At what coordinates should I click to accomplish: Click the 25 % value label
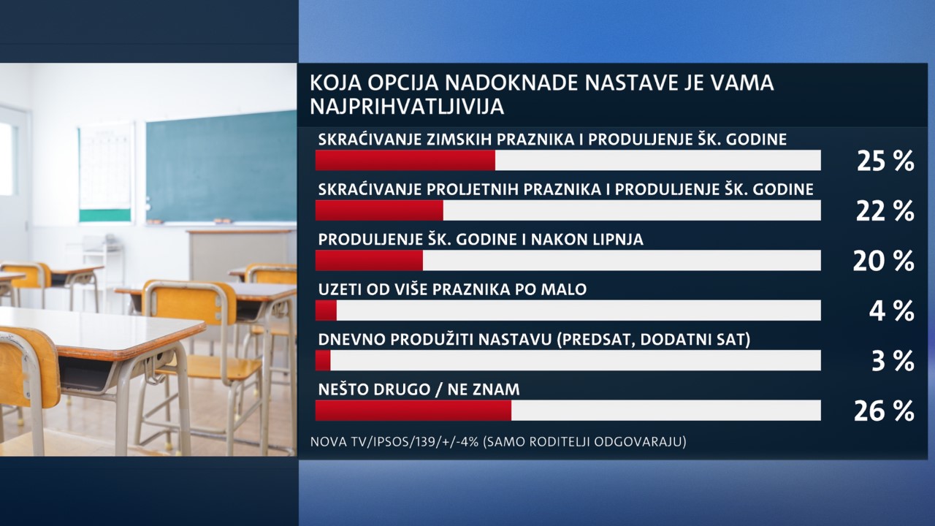885,161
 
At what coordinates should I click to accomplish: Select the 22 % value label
885,211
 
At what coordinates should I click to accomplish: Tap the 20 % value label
884,262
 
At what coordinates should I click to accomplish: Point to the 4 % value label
892,311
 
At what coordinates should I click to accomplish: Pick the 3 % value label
893,362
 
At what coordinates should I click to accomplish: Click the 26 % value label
884,411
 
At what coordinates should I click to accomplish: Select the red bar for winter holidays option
405,160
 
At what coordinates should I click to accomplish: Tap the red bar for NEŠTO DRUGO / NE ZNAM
413,411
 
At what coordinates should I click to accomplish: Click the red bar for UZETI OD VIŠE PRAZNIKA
326,310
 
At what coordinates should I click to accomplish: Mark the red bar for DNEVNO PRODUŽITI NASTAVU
323,360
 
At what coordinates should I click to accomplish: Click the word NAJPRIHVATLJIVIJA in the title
407,107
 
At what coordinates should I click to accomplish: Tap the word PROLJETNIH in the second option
475,189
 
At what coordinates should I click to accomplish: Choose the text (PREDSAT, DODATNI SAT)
653,340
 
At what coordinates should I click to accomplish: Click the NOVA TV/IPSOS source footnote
498,441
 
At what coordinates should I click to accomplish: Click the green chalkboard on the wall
221,167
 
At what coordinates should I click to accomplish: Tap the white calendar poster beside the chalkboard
107,173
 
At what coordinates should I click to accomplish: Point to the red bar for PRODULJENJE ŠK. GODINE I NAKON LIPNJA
369,260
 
